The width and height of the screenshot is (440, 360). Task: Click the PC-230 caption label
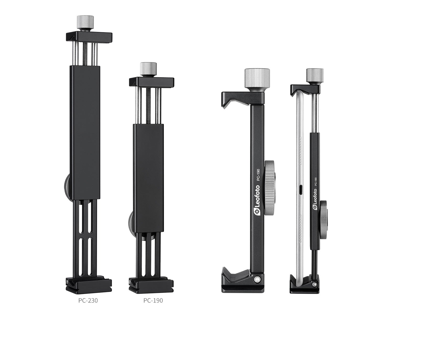point(88,300)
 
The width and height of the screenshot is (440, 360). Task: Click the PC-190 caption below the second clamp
point(153,300)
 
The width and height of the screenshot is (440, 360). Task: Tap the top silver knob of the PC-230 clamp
point(85,24)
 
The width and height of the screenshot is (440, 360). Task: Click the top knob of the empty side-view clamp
point(254,78)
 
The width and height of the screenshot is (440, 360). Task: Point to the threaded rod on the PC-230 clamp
point(85,55)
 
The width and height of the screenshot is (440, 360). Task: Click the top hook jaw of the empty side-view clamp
point(230,99)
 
